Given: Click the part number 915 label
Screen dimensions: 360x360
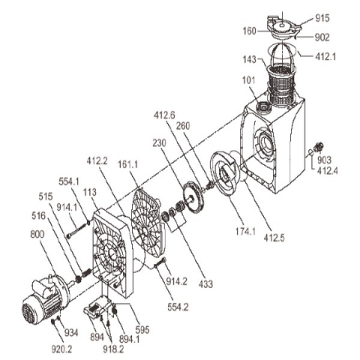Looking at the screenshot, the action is [x=322, y=18].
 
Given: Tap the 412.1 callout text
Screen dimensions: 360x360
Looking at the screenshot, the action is [x=325, y=57].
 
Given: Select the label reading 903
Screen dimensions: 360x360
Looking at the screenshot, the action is [x=324, y=160].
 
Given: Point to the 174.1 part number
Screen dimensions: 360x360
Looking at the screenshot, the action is [x=245, y=232].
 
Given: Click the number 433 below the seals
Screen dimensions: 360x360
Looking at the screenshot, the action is [x=205, y=284].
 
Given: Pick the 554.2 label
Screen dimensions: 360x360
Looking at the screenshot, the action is [x=178, y=307].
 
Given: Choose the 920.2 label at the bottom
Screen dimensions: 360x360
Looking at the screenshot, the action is [x=61, y=349].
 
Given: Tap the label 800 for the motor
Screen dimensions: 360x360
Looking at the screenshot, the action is [x=37, y=235].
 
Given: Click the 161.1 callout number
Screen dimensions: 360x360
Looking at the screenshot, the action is [x=127, y=164].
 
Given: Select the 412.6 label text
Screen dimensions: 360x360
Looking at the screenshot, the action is [x=164, y=115].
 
